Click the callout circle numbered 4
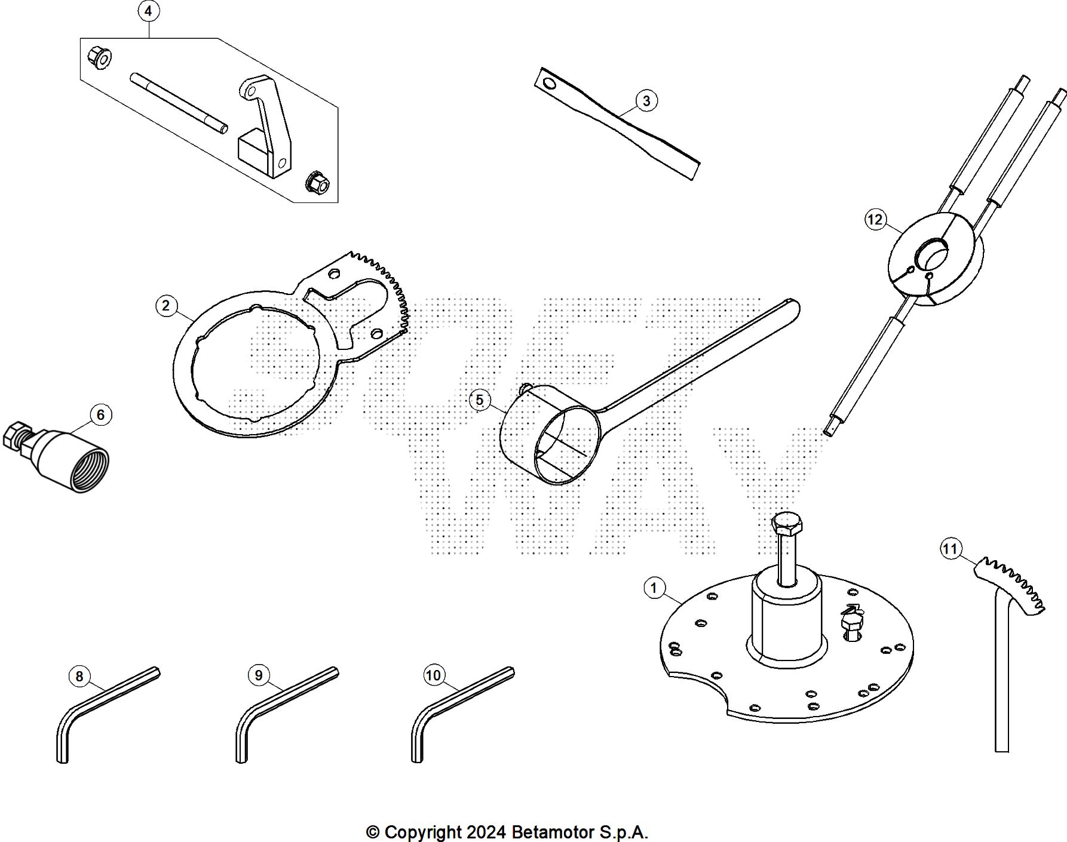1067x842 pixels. [149, 11]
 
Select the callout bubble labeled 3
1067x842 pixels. [646, 100]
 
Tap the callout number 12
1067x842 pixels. [875, 220]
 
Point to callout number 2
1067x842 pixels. [166, 306]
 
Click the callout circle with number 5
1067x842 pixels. [480, 400]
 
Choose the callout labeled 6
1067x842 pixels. [100, 415]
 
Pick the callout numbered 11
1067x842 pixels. [951, 548]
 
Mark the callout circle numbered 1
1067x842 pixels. [654, 588]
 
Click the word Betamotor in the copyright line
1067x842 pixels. [556, 832]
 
